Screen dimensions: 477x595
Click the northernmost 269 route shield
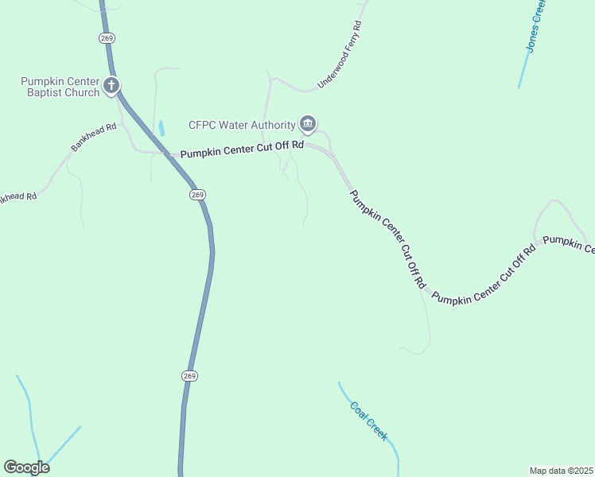click(x=107, y=37)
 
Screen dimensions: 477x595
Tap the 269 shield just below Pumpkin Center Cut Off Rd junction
click(x=198, y=195)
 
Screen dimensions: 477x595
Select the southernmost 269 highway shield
click(x=189, y=375)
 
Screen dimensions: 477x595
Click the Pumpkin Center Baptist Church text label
click(x=60, y=87)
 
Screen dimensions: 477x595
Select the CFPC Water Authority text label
click(x=242, y=125)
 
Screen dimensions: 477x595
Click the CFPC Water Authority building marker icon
click(x=308, y=124)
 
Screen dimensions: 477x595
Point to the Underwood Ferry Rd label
click(x=340, y=54)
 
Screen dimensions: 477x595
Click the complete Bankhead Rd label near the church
click(x=93, y=137)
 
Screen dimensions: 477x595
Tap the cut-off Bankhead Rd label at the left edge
click(x=17, y=196)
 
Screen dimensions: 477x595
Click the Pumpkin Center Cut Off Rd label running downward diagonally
click(x=389, y=238)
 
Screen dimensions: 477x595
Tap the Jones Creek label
click(x=536, y=26)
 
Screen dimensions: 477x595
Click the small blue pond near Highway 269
click(x=161, y=127)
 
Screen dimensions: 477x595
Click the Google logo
click(x=26, y=467)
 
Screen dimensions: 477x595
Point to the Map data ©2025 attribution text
click(x=562, y=471)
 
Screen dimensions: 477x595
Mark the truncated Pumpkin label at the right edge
click(x=570, y=245)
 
